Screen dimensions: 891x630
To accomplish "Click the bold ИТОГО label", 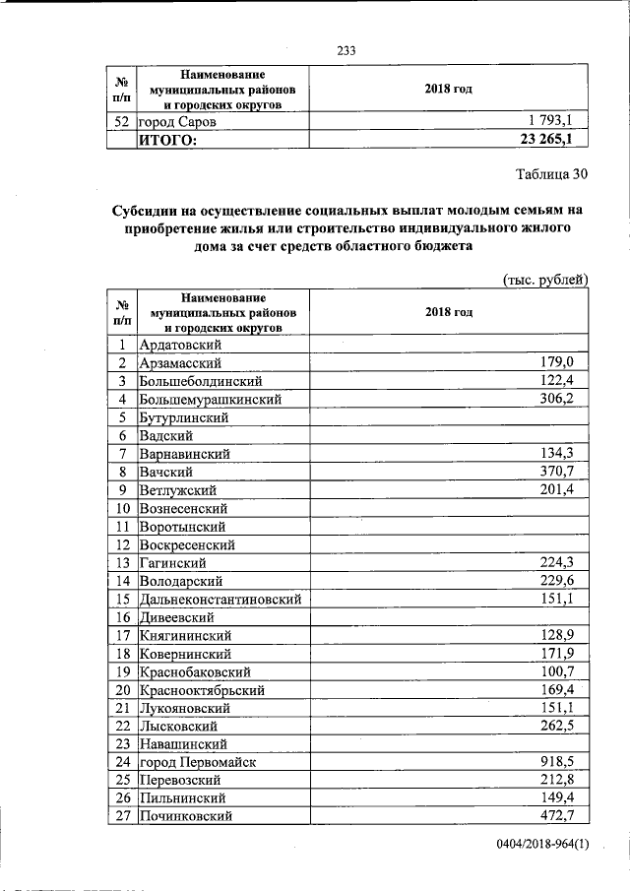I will [167, 140].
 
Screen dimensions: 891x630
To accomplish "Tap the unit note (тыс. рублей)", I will [545, 280].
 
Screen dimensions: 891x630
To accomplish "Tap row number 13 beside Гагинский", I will [123, 562].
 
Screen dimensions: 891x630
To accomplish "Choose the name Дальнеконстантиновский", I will [220, 599].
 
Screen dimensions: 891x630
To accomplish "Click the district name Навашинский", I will [184, 743].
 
